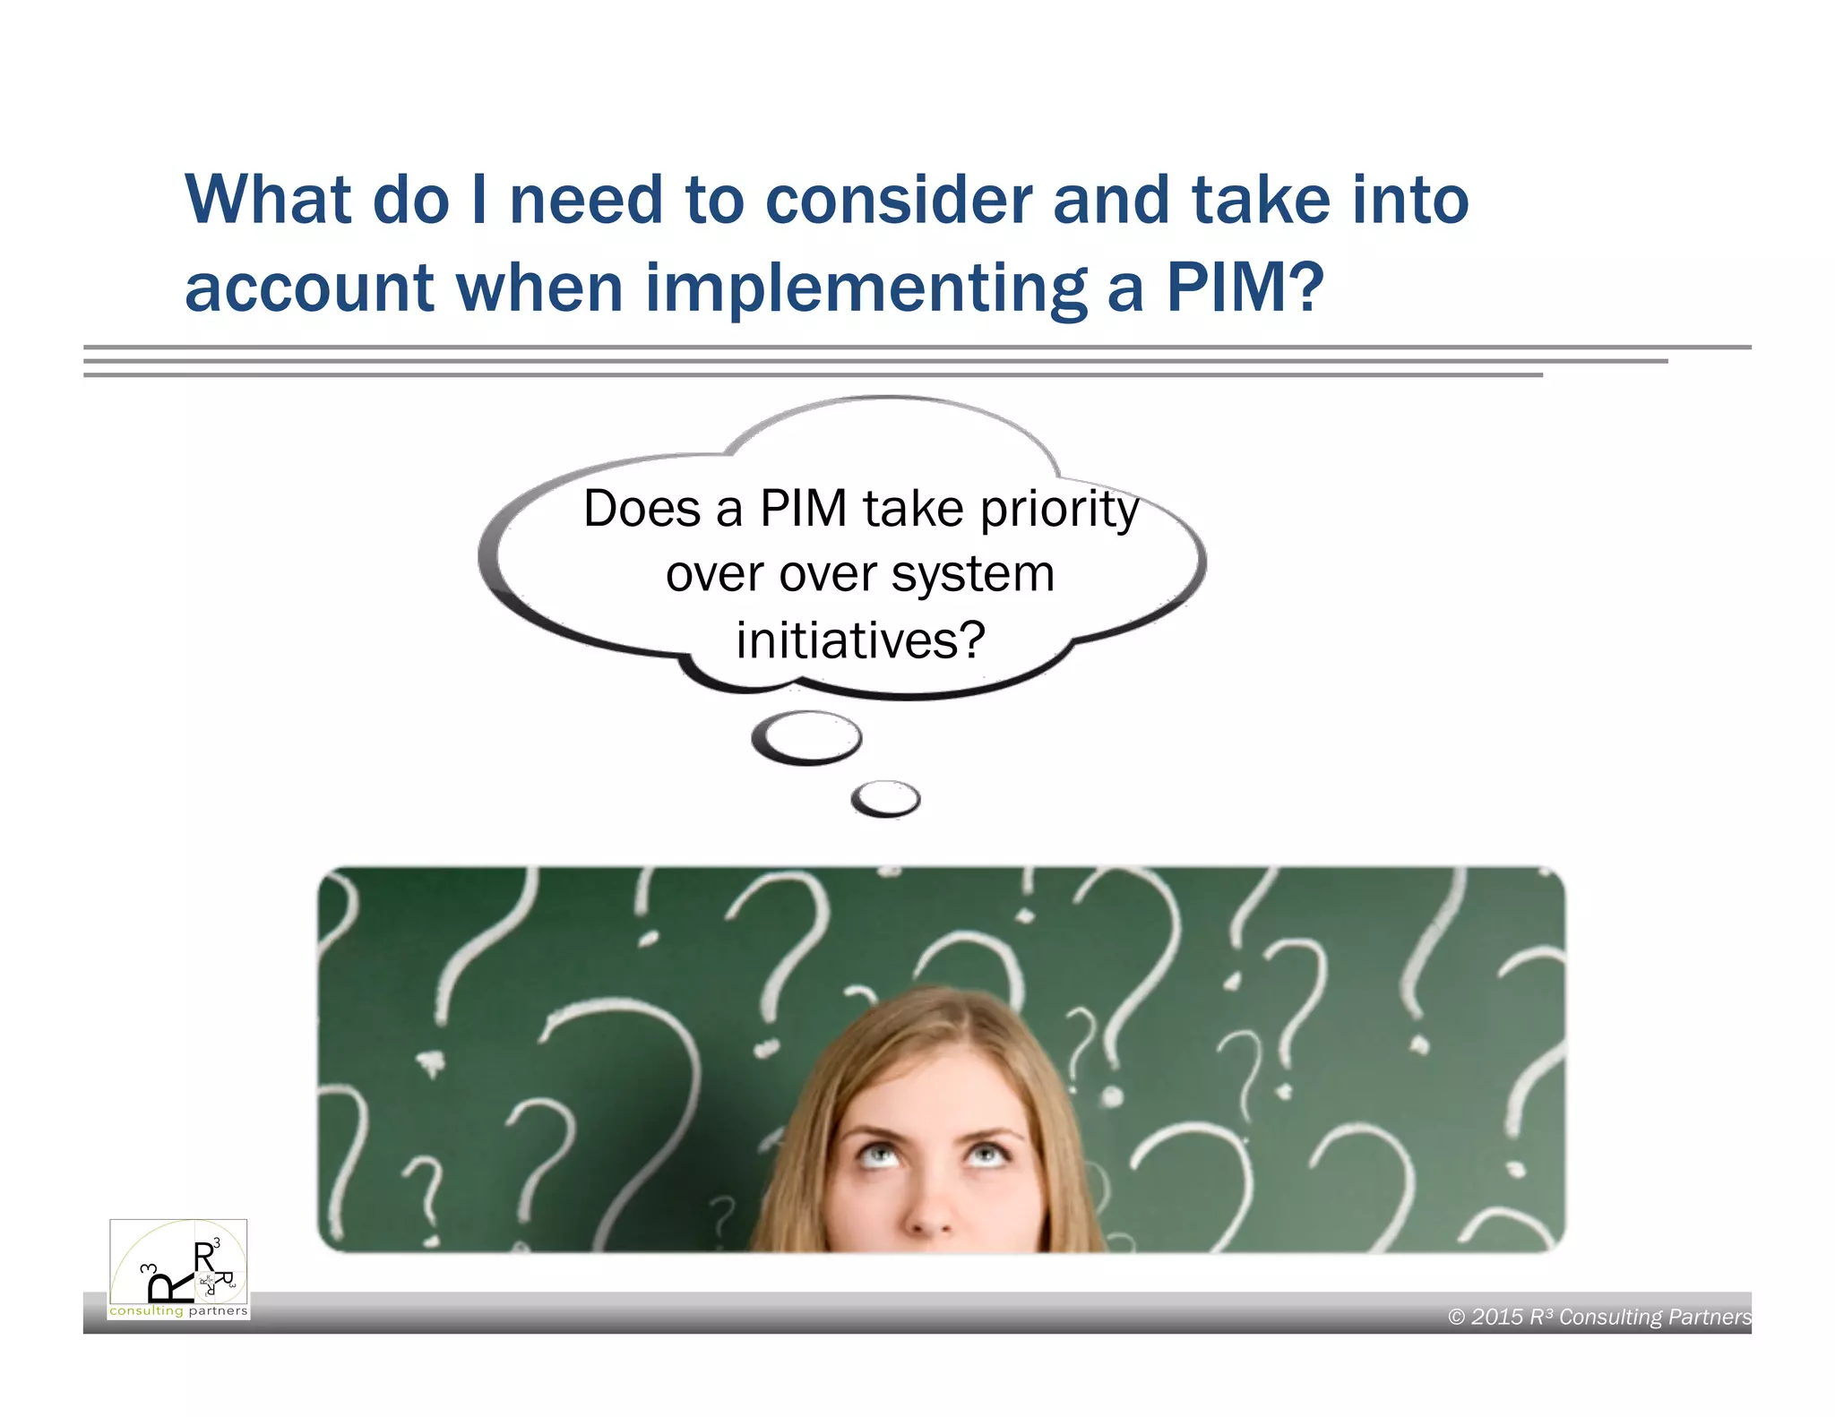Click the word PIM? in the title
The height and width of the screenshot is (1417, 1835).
[x=1245, y=288]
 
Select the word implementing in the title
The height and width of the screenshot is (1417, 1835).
[x=866, y=289]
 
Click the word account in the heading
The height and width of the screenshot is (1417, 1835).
[x=309, y=289]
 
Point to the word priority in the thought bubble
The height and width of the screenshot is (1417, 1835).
[x=1059, y=511]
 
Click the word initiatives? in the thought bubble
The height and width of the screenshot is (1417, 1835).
[x=860, y=640]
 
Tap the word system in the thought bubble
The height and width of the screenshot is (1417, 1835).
[x=972, y=574]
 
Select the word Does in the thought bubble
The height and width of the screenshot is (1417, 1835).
[x=642, y=509]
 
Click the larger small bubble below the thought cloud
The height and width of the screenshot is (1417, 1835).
[x=806, y=737]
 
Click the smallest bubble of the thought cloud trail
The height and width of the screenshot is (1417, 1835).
[x=885, y=798]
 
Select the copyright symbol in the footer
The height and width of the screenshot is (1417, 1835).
[x=1457, y=1317]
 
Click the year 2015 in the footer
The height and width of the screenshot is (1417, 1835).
[x=1496, y=1317]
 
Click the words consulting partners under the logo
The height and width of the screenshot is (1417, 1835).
[x=178, y=1311]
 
